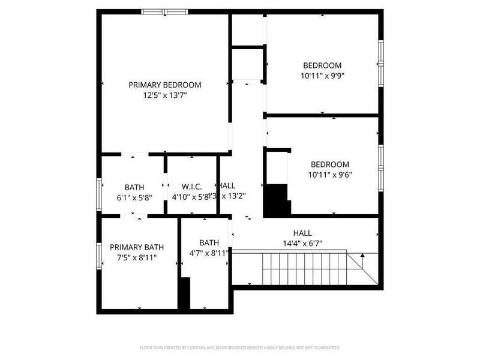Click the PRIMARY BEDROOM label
[165, 85]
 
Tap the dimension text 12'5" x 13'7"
[165, 95]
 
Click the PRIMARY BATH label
[136, 247]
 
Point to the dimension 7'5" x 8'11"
[136, 257]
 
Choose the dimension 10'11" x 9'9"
[322, 76]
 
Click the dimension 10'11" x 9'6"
[329, 175]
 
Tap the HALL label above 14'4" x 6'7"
[302, 233]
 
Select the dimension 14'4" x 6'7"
[302, 243]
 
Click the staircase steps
[306, 268]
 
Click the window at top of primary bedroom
[164, 11]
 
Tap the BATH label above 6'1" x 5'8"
[134, 187]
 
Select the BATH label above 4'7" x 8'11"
[209, 242]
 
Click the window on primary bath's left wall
[100, 256]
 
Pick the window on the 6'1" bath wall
[100, 194]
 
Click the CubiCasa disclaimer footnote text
[240, 347]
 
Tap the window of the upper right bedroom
[380, 63]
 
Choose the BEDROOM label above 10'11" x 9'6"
[329, 164]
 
